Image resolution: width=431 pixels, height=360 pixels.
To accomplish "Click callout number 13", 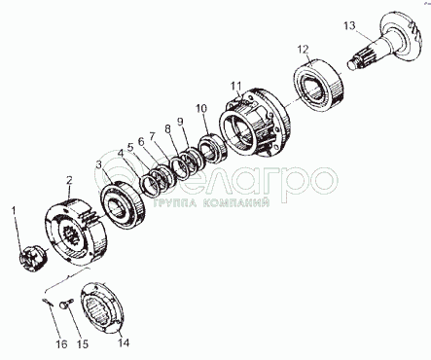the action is click(x=349, y=25).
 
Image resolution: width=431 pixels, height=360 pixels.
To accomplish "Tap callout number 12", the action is click(x=303, y=50).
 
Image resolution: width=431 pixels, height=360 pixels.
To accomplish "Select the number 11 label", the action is click(x=236, y=86).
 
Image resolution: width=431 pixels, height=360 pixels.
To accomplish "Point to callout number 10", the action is click(x=201, y=108).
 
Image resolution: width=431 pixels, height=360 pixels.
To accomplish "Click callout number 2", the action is click(x=69, y=181).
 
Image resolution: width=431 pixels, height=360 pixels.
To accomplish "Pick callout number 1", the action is click(x=14, y=210).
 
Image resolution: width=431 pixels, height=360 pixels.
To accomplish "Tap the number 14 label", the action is click(x=124, y=342).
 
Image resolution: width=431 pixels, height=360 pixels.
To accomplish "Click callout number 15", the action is click(x=83, y=344).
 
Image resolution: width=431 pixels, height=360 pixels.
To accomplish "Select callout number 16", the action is click(x=61, y=343).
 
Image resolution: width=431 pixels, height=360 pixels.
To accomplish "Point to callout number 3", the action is click(x=99, y=165).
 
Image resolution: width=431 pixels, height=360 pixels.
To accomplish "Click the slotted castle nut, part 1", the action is click(x=32, y=258).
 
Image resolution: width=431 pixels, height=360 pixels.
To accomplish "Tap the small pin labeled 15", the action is click(x=65, y=305).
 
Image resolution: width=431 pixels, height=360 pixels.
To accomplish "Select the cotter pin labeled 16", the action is click(x=48, y=302).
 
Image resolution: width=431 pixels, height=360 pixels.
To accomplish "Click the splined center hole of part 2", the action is click(x=72, y=236).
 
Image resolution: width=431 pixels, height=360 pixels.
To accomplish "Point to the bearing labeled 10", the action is click(x=212, y=148).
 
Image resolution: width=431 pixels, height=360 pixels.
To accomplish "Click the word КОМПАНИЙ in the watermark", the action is click(x=235, y=203).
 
